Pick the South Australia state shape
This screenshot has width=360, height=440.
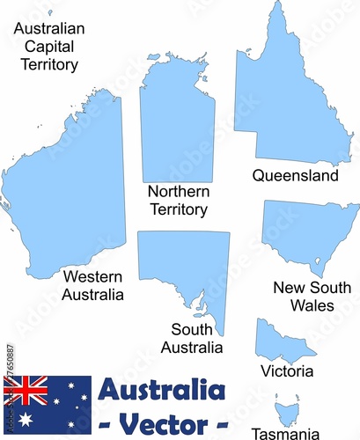pyautogui.click(x=185, y=264)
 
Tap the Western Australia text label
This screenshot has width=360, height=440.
pyautogui.click(x=92, y=286)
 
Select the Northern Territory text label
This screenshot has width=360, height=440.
pyautogui.click(x=178, y=201)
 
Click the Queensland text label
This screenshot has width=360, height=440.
pyautogui.click(x=295, y=176)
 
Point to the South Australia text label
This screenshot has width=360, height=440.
pyautogui.click(x=191, y=339)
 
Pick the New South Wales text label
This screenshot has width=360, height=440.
pyautogui.click(x=312, y=297)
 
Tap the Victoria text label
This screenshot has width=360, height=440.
pyautogui.click(x=287, y=371)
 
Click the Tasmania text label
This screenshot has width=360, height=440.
pyautogui.click(x=285, y=433)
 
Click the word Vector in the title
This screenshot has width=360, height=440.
pyautogui.click(x=164, y=422)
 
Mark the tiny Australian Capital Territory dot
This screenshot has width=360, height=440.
pyautogui.click(x=50, y=13)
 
